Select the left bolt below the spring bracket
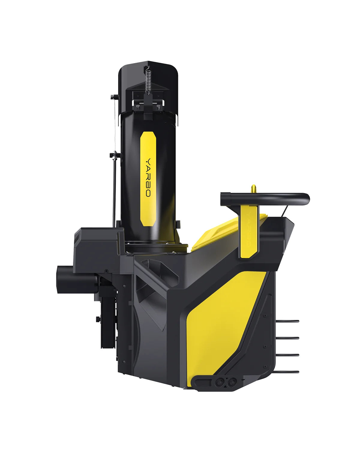tap(137, 106)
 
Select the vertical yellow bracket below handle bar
tap(249, 231)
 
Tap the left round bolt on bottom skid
tap(219, 383)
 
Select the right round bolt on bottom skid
tap(231, 383)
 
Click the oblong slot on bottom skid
tap(203, 383)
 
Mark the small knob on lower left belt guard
tap(98, 319)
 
